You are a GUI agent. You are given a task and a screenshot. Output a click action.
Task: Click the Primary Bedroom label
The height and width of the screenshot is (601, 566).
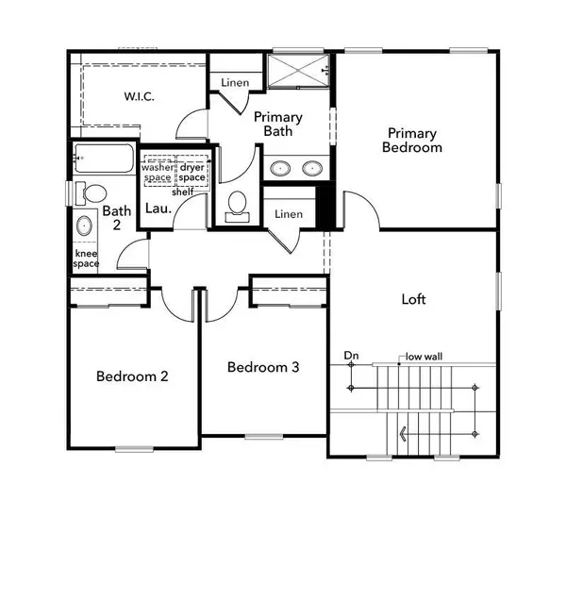(411, 141)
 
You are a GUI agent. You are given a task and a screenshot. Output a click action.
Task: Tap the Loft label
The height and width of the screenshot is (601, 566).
(414, 299)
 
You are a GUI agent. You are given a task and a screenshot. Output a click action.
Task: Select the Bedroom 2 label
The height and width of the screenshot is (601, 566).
(132, 376)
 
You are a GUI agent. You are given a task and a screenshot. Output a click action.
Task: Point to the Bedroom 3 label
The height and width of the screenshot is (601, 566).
(263, 367)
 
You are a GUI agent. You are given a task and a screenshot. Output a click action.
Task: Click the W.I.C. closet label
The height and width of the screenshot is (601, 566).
(144, 96)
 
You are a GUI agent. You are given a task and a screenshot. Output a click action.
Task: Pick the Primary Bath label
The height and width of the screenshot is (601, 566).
(277, 124)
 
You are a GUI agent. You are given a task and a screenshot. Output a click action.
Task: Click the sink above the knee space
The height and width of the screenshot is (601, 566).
(84, 226)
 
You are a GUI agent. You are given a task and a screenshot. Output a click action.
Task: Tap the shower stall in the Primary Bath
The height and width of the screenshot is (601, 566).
(298, 70)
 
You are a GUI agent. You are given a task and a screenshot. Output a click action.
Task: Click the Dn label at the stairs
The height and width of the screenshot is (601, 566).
(352, 356)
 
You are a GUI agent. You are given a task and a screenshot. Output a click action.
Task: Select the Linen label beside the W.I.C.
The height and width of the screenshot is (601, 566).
(235, 83)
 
